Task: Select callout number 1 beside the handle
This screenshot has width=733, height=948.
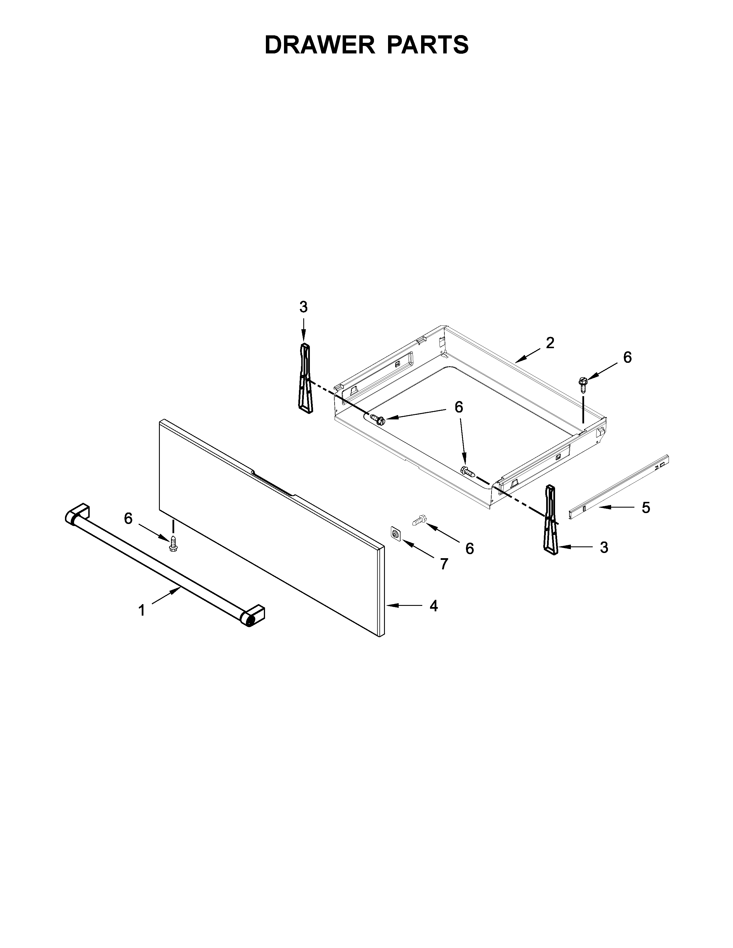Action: (x=141, y=611)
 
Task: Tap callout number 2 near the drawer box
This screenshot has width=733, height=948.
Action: (x=550, y=343)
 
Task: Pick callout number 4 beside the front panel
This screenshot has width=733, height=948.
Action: (x=433, y=606)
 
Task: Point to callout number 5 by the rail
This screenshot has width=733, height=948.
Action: (x=646, y=507)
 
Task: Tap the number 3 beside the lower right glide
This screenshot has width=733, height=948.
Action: (x=604, y=548)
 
